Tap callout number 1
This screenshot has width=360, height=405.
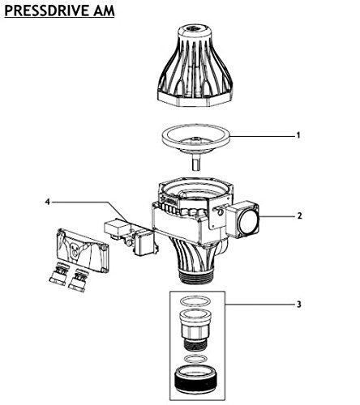[x=298, y=135]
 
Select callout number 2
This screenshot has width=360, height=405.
[x=299, y=216]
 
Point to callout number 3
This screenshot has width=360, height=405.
[x=298, y=305]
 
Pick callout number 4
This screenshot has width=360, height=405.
[x=48, y=202]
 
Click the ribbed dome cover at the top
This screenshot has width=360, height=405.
[x=195, y=66]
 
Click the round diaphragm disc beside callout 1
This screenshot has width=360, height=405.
[x=195, y=139]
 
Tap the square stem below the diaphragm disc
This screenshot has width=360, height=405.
[x=196, y=161]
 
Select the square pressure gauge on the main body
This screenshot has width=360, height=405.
[x=243, y=220]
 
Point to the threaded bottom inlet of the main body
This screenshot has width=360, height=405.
[x=197, y=276]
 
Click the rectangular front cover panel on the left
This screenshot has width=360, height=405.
[x=83, y=250]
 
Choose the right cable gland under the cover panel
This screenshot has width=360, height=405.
[x=79, y=280]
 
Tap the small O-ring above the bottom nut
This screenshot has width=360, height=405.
[x=195, y=359]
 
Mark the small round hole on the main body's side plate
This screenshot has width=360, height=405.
[x=221, y=213]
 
